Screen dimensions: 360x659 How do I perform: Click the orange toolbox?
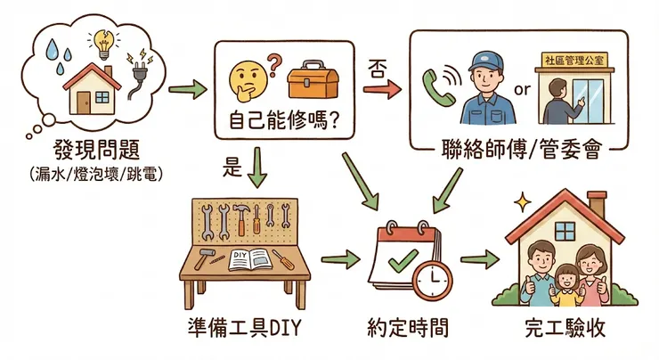310,82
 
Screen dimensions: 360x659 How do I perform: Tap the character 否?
375,68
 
